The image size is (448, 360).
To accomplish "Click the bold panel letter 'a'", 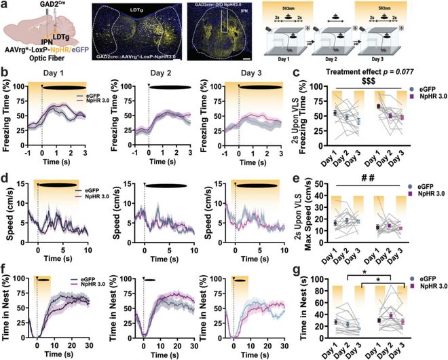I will click(x=5, y=5).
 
